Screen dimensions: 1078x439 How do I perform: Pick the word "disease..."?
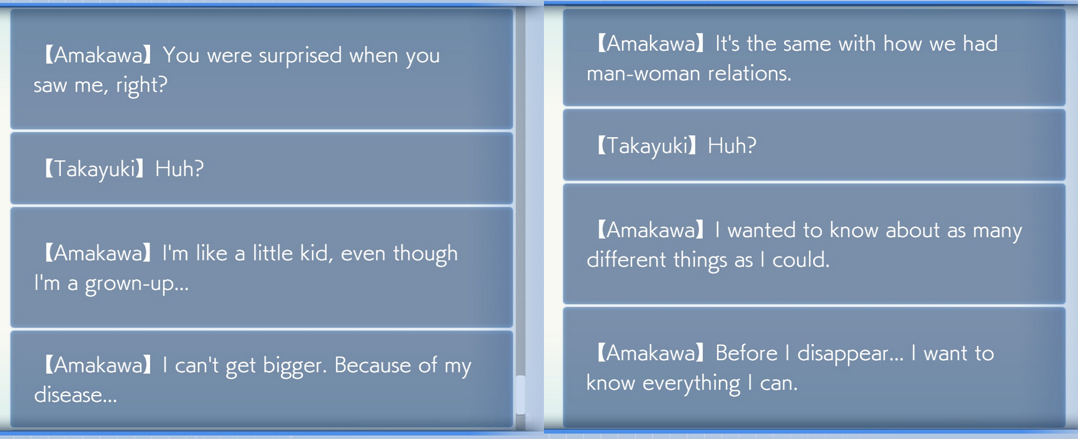point(75,395)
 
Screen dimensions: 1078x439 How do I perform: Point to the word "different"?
point(627,260)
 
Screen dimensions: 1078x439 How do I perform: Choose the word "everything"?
point(692,383)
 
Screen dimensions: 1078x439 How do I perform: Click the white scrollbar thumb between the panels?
point(520,395)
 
